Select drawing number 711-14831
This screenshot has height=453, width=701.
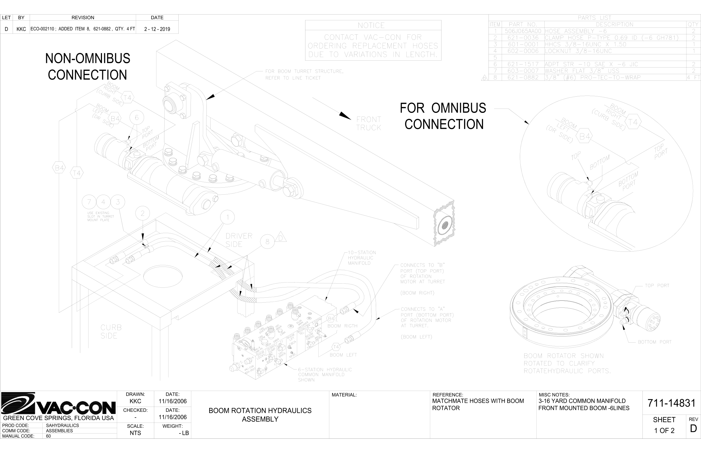coord(671,403)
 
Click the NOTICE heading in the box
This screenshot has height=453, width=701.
coord(371,25)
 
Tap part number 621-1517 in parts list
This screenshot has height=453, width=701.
coord(523,64)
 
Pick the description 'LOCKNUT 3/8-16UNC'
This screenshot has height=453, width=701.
coord(578,51)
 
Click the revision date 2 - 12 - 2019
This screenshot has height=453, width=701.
coord(157,29)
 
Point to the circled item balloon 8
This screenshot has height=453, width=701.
coord(267,242)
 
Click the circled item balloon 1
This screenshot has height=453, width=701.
coord(227,218)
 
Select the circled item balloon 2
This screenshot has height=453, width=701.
coord(143,213)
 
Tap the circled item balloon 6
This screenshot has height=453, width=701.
coord(136,118)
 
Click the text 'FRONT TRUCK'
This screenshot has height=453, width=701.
coord(368,124)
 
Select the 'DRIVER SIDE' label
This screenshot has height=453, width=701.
coord(239,240)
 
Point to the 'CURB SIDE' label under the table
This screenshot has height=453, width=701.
coord(111,332)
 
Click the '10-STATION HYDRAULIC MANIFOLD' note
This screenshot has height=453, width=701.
coord(362,258)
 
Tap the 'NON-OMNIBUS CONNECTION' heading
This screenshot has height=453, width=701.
coord(87,66)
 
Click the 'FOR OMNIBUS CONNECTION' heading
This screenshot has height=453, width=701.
coord(443,116)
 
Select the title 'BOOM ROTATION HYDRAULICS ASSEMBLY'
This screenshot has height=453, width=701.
coord(260,415)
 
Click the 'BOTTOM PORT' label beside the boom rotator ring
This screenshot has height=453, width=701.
coord(655,342)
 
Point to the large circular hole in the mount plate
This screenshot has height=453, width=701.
coord(162,276)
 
